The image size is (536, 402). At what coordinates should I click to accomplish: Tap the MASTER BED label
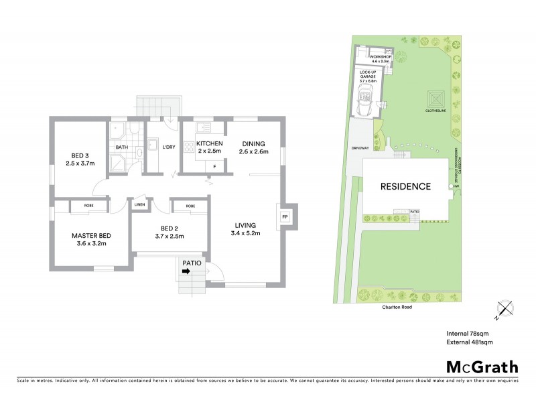pyautogui.click(x=91, y=236)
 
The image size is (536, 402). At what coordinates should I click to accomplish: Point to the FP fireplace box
pyautogui.click(x=285, y=218)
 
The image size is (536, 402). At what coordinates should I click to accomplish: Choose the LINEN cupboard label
pyautogui.click(x=140, y=206)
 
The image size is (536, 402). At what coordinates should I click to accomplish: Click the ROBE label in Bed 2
pyautogui.click(x=190, y=206)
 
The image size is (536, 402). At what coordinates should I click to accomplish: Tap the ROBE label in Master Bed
pyautogui.click(x=88, y=206)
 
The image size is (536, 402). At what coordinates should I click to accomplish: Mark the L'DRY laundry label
pyautogui.click(x=168, y=147)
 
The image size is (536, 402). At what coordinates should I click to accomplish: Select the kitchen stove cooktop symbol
pyautogui.click(x=202, y=127)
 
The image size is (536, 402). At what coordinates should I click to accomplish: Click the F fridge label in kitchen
pyautogui.click(x=214, y=165)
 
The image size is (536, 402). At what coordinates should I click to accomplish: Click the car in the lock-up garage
pyautogui.click(x=367, y=103)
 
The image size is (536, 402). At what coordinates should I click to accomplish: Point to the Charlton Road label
pyautogui.click(x=389, y=307)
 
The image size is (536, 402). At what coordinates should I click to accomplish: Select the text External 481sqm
pyautogui.click(x=469, y=342)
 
